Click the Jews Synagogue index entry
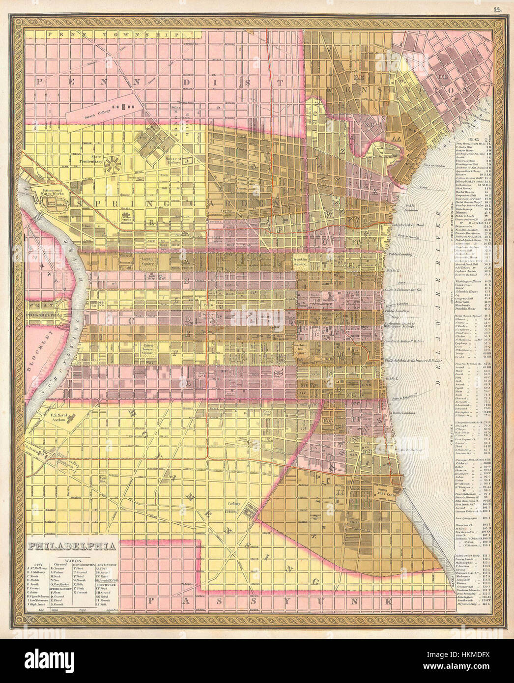tap(468, 518)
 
